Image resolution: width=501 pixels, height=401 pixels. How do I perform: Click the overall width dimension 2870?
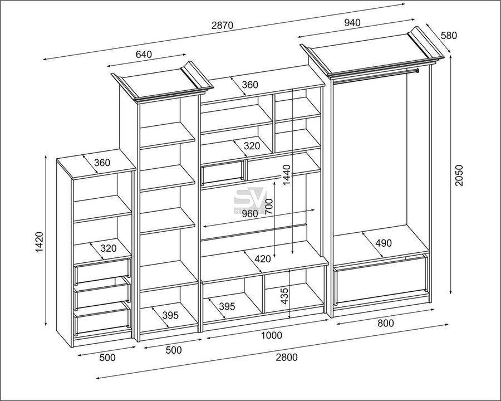point(223,25)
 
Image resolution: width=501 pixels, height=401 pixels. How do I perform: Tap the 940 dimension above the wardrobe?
point(352,22)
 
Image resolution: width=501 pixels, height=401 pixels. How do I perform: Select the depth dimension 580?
point(449,35)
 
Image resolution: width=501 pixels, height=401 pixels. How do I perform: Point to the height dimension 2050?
point(459,175)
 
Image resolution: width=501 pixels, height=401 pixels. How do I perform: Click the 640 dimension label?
point(144,55)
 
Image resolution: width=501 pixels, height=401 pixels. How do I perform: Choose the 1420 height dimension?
point(39,242)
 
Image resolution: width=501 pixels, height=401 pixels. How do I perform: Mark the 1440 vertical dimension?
point(286,174)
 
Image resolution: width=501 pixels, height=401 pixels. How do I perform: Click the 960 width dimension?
point(249,214)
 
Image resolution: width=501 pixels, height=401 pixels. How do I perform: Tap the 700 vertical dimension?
point(269,207)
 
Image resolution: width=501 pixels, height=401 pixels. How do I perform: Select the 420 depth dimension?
point(263,258)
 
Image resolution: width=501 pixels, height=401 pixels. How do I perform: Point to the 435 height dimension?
point(284,296)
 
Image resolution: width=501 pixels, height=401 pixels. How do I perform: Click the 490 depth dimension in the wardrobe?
point(384,243)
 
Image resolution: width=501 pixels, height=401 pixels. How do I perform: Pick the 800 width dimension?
point(386,323)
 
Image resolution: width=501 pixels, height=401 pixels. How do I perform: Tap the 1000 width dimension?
point(272,335)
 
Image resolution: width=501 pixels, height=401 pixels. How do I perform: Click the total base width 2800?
point(287,357)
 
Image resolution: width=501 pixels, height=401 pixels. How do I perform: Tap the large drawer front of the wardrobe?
point(381,280)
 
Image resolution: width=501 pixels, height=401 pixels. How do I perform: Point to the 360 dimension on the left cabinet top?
point(102,163)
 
